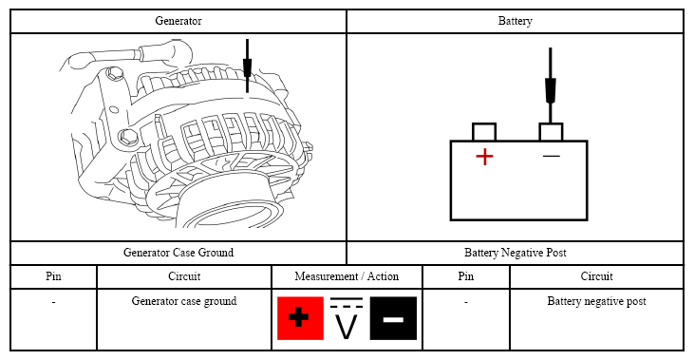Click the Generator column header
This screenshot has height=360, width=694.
(178, 21)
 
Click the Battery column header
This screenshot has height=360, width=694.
(515, 21)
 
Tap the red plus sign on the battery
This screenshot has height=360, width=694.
(484, 157)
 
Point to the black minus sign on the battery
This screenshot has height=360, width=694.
(551, 156)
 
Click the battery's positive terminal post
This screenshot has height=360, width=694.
(484, 132)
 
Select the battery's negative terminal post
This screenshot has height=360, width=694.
(551, 132)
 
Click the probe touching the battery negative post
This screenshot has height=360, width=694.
(550, 85)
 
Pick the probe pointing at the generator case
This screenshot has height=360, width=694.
(247, 66)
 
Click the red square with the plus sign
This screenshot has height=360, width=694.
(300, 318)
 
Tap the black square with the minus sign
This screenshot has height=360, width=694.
(393, 318)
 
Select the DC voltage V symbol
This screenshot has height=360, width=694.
(347, 318)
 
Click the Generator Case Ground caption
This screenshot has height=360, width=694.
(178, 253)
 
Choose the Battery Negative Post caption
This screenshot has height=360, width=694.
(516, 253)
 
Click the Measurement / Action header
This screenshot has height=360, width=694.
(347, 276)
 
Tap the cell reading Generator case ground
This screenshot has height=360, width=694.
(184, 301)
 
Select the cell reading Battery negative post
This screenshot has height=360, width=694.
(596, 301)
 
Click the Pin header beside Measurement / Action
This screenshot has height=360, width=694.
(465, 276)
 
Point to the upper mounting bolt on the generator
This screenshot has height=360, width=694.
(115, 73)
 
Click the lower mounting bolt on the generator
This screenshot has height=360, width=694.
(128, 137)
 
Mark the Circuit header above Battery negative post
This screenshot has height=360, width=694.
(596, 276)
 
